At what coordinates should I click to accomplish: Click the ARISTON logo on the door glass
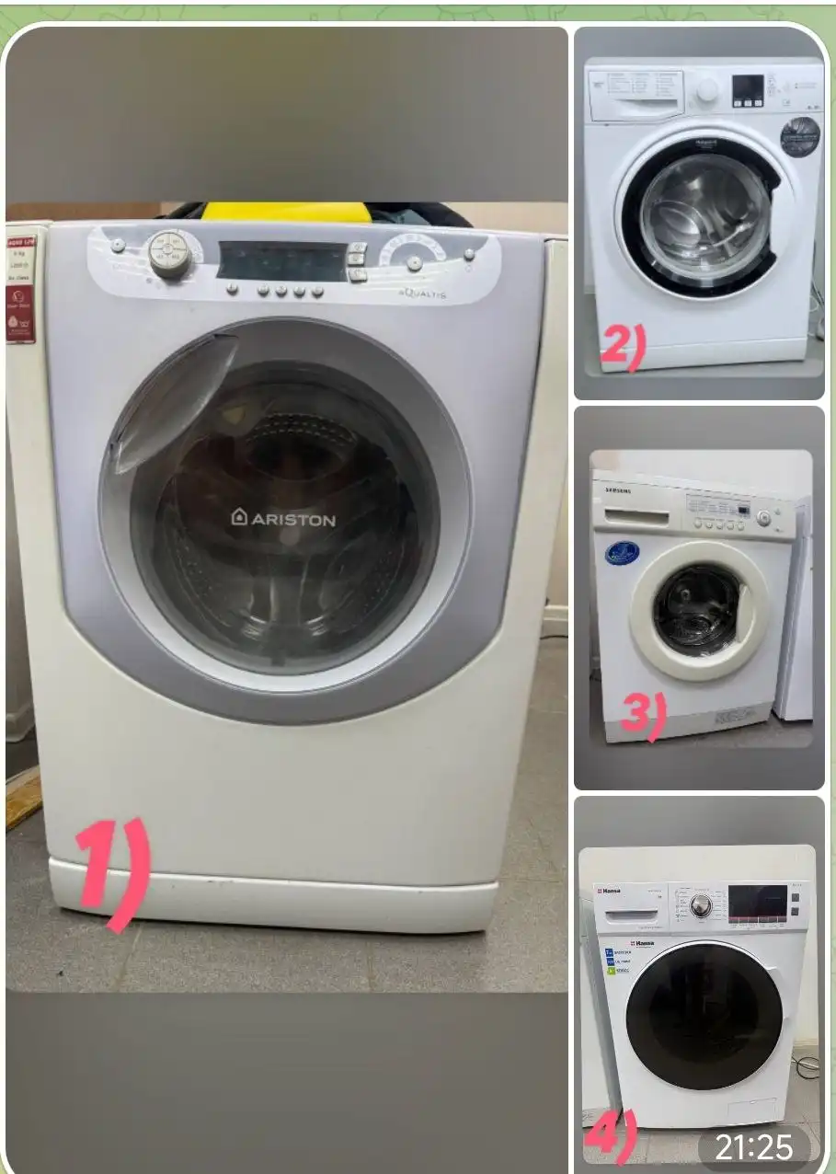point(283,518)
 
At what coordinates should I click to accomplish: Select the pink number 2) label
point(624,347)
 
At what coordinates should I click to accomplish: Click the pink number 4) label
point(610,1138)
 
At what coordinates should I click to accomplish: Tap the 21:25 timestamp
point(753,1147)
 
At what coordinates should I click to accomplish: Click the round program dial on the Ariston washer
point(170,254)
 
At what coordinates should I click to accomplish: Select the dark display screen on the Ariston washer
point(281,261)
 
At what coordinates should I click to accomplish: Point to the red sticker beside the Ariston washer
point(20,286)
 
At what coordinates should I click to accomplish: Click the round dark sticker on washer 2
point(799,137)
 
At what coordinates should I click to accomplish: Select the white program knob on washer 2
point(707,90)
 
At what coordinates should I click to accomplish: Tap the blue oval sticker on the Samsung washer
point(622,552)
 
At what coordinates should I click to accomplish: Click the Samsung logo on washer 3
point(617,490)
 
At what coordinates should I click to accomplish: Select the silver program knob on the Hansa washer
point(701,906)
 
